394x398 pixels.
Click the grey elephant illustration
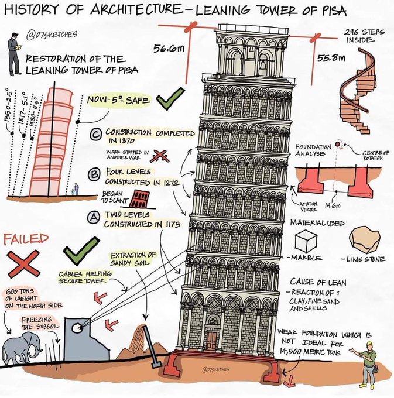[23, 349]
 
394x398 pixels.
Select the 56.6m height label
[167, 50]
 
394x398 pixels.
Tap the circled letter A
[92, 217]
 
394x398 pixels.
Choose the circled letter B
[92, 174]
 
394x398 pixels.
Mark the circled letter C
[97, 136]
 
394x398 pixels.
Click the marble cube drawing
[306, 239]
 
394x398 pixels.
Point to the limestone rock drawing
[364, 239]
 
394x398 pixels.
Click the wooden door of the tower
[212, 340]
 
